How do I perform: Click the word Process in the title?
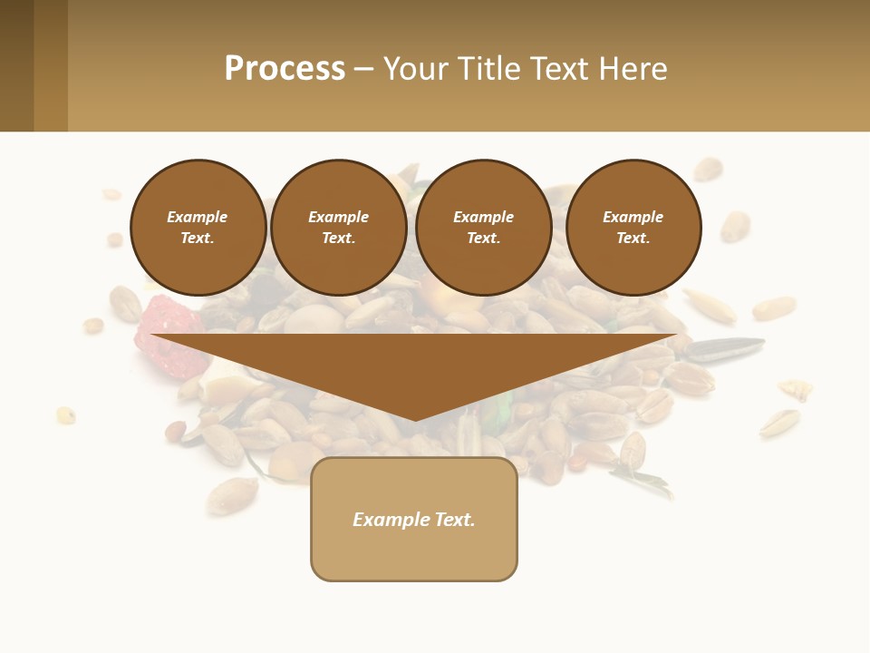pos(285,69)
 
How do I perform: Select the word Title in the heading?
pos(490,69)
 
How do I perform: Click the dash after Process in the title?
pos(363,70)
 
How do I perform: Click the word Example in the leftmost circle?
pos(198,217)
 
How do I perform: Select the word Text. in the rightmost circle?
pos(633,238)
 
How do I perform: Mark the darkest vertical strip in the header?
pos(16,65)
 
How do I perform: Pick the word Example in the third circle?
pos(483,217)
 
